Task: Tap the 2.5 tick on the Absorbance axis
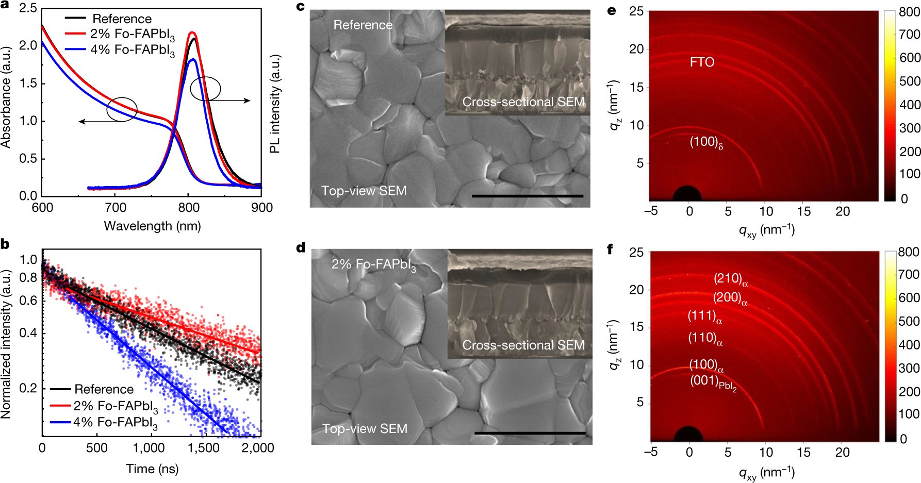click(28, 9)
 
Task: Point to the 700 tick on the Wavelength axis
click(116, 208)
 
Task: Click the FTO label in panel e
click(702, 62)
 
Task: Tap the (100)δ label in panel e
click(706, 142)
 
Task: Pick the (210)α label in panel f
click(730, 279)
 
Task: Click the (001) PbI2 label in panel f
click(713, 382)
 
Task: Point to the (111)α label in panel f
click(704, 317)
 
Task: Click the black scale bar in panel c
click(527, 196)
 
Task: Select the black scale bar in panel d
click(530, 433)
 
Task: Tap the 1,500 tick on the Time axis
click(204, 448)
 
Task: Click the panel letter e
click(612, 10)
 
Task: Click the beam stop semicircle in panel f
click(688, 435)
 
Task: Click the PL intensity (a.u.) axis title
click(275, 103)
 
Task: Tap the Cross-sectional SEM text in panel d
click(523, 345)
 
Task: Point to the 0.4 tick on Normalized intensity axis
click(28, 333)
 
